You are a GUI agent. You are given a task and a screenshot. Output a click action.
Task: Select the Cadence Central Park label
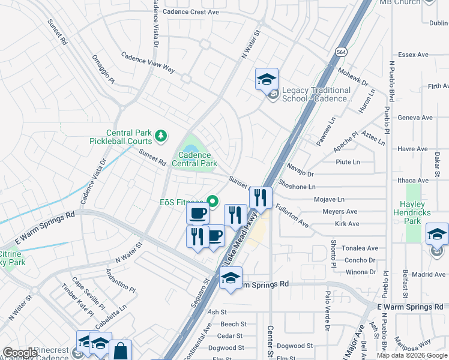[194, 158]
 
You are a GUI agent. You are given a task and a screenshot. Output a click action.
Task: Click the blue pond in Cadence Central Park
[190, 148]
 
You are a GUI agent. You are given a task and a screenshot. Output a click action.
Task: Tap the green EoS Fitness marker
[211, 202]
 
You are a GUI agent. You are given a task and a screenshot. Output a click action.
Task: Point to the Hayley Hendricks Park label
[412, 212]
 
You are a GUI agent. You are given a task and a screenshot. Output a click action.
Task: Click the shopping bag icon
[120, 350]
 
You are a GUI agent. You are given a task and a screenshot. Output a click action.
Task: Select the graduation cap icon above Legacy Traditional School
[267, 79]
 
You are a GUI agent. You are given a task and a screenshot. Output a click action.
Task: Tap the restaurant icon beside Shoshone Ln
[261, 197]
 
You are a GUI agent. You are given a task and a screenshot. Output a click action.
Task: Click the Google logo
[20, 353]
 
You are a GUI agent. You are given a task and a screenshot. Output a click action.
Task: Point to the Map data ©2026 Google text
[411, 355]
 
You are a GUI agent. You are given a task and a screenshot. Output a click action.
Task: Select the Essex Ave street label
[413, 55]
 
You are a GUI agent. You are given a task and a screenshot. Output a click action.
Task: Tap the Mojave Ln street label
[329, 199]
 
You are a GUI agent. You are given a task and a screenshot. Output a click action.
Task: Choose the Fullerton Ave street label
[292, 216]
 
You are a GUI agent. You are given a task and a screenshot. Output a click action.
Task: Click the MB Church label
[398, 2]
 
